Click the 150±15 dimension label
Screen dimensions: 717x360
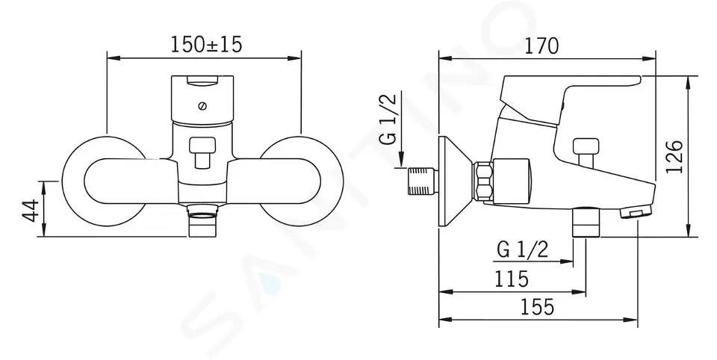[x=206, y=44]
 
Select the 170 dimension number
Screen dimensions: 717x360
[x=541, y=46]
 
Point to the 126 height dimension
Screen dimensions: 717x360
[x=674, y=156]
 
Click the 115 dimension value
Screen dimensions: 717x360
[x=511, y=278]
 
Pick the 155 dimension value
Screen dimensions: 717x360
[x=538, y=306]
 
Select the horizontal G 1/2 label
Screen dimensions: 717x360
[x=522, y=249]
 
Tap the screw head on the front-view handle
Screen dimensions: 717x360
[x=203, y=106]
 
